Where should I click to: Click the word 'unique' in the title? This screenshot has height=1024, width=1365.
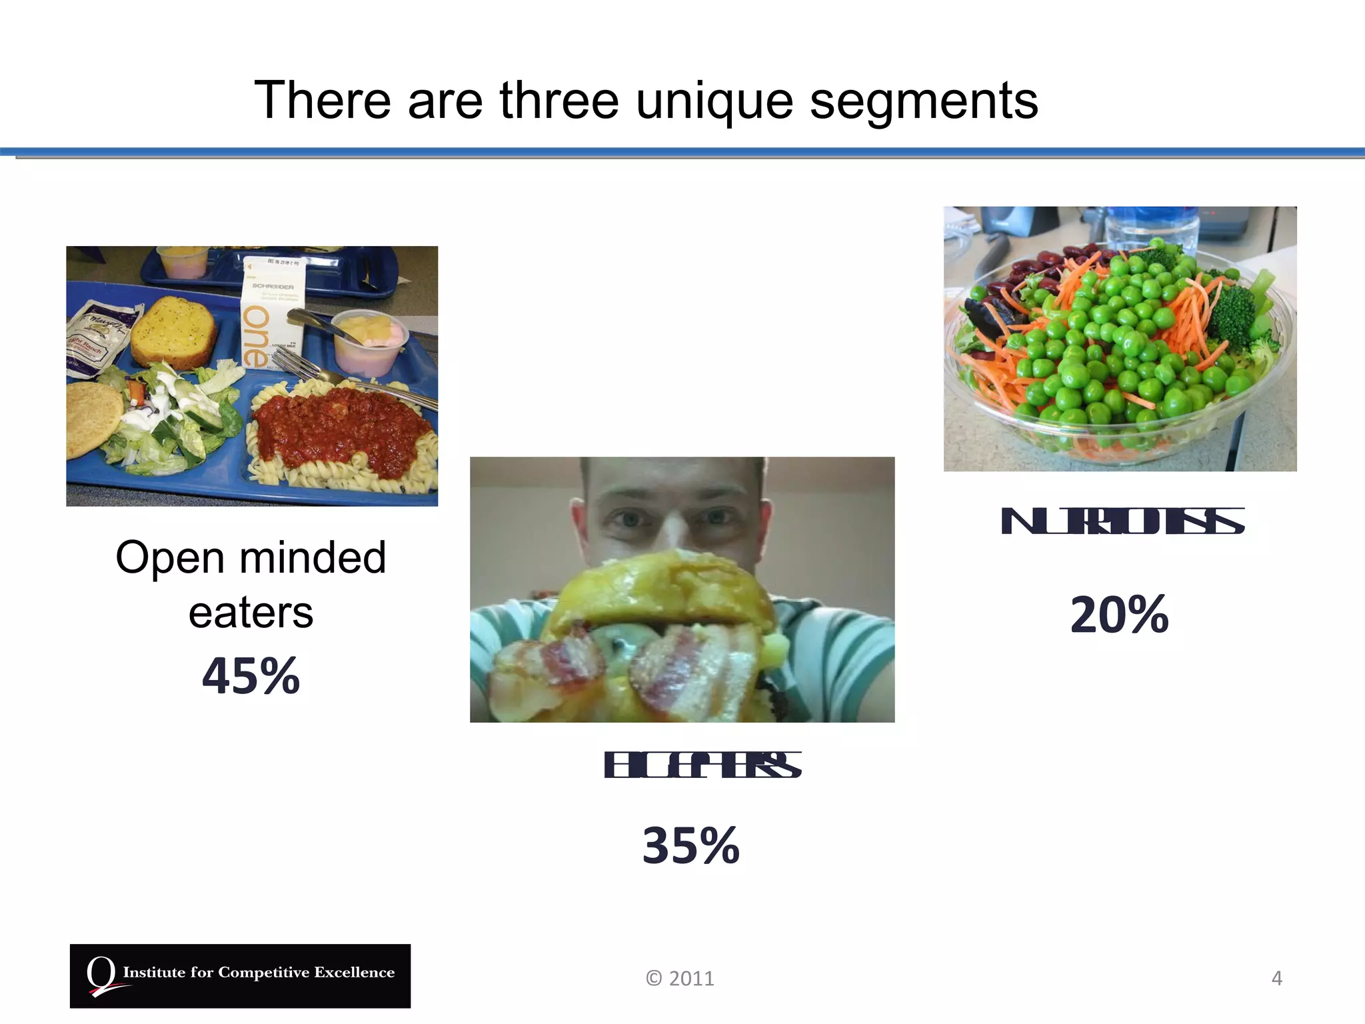[714, 101]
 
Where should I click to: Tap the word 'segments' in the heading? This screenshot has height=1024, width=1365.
[924, 101]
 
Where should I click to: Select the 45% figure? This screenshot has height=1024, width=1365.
[251, 676]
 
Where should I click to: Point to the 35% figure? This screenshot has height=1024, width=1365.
[690, 845]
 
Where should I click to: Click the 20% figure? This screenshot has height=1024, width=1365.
[1119, 615]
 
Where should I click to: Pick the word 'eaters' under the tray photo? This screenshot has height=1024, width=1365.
[251, 613]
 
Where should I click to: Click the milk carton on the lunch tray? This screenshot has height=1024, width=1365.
[271, 310]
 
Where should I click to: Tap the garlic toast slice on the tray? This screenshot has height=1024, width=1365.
[173, 331]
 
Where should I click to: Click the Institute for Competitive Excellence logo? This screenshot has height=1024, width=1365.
[240, 975]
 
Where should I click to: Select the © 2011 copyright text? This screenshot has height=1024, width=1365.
[679, 978]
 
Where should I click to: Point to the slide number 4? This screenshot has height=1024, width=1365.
[1276, 978]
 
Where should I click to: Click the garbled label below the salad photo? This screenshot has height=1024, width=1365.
[1122, 521]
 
